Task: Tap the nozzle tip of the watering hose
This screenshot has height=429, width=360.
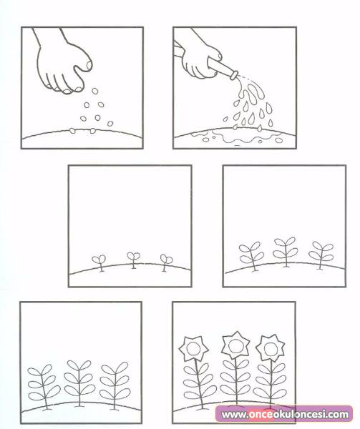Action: (x=234, y=75)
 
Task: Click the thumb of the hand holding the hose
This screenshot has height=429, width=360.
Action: (x=217, y=56)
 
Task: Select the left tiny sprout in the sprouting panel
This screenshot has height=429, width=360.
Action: (x=99, y=262)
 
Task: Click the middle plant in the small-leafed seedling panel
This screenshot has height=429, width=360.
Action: (x=286, y=252)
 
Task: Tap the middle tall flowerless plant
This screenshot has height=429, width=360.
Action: (x=79, y=383)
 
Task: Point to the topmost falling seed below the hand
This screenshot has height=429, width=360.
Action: (x=94, y=91)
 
